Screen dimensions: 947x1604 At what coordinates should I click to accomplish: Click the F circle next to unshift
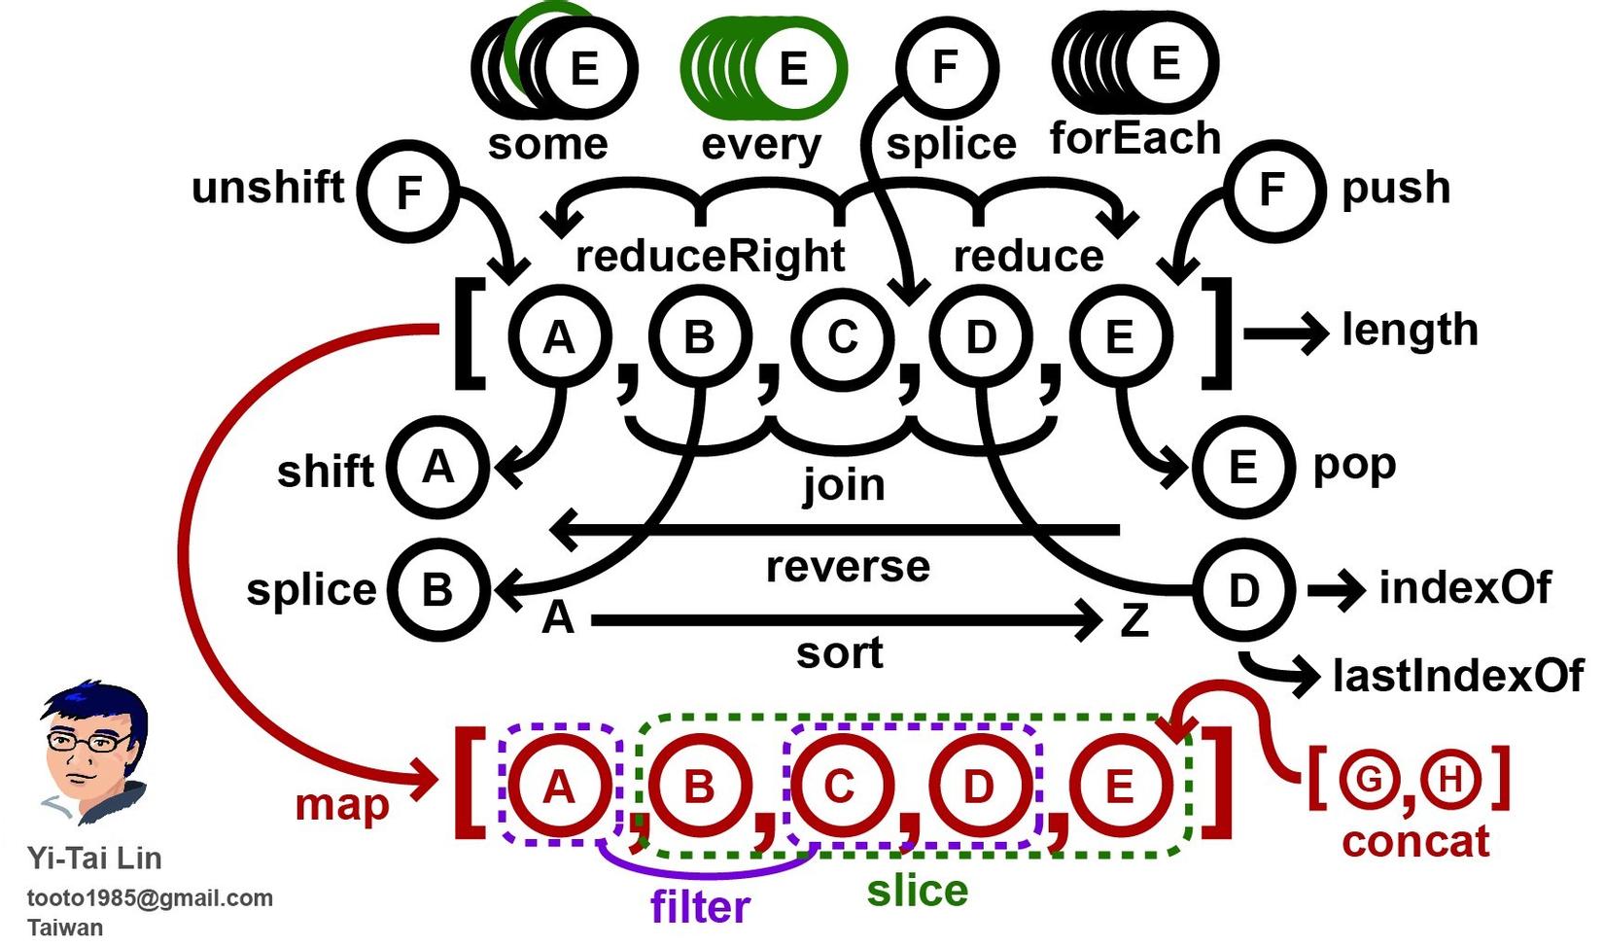[x=408, y=191]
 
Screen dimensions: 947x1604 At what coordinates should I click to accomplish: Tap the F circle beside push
[x=1273, y=189]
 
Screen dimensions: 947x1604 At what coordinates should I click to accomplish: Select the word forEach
[x=1134, y=139]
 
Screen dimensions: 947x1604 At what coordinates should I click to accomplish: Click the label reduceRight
[x=710, y=256]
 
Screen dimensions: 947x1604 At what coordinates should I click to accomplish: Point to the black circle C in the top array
[x=842, y=337]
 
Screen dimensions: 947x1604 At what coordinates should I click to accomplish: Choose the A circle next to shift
[x=438, y=468]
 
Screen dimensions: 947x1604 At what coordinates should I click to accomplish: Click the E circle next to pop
[x=1243, y=468]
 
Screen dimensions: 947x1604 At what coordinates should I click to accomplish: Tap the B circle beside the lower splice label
[x=437, y=590]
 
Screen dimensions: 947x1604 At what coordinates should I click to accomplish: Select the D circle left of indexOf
[x=1243, y=590]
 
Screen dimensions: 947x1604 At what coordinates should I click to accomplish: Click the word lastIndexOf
[x=1457, y=676]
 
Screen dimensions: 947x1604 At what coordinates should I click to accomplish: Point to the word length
[x=1410, y=331]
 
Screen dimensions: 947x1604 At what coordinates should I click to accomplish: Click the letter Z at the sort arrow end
[x=1134, y=620]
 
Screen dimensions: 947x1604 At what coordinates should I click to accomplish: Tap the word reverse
[x=848, y=567]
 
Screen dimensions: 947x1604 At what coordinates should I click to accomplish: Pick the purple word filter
[x=700, y=907]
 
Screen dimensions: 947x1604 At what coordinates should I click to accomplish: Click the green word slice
[x=917, y=891]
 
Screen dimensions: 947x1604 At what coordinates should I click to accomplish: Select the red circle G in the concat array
[x=1368, y=779]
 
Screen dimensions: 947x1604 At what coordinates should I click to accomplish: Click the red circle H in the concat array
[x=1449, y=779]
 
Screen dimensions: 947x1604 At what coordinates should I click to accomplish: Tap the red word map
[x=341, y=805]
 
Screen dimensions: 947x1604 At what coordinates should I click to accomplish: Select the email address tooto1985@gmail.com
[x=150, y=898]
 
